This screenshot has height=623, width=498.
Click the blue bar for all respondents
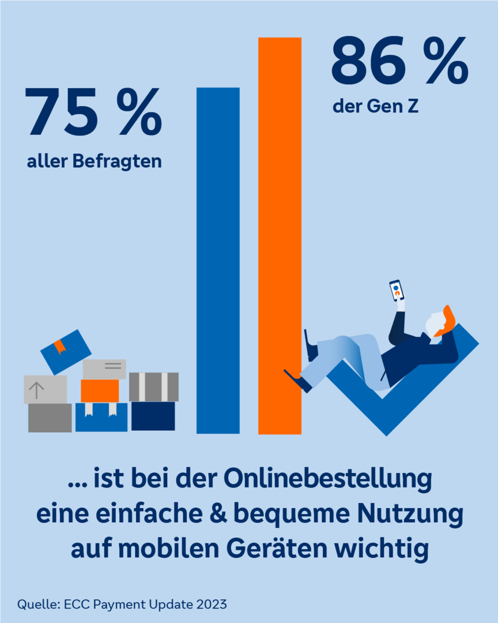point(218,260)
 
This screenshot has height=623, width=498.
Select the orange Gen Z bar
point(280,235)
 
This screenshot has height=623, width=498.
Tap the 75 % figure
point(93,112)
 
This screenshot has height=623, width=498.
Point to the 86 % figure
point(399,60)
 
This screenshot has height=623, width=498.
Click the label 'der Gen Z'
point(376,107)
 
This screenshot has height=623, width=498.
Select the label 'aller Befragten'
point(94,162)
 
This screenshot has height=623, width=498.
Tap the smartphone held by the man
point(397,290)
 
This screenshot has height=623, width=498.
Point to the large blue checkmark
point(401,401)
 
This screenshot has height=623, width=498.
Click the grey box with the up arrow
point(46,389)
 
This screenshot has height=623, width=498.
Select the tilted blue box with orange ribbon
point(66,352)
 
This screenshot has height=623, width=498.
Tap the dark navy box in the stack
point(153,416)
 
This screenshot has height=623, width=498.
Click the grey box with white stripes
point(154,387)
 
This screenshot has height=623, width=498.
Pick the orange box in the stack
point(100,391)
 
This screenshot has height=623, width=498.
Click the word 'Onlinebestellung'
point(327,479)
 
